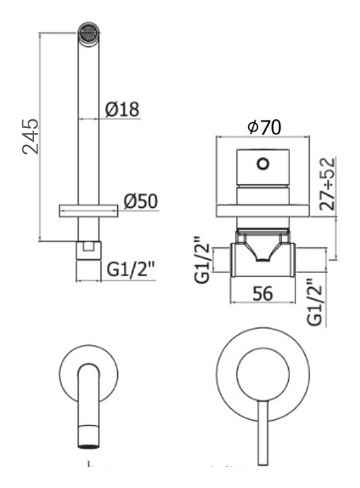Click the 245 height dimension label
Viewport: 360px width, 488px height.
31,136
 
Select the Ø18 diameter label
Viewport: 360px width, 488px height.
122,109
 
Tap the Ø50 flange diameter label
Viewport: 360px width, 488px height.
141,201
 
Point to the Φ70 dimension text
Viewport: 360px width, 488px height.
264,127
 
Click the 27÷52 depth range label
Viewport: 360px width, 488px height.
327,184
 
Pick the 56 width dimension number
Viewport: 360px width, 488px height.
262,293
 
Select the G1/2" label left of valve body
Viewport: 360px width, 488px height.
203,260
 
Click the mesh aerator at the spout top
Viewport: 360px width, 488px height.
89,33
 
